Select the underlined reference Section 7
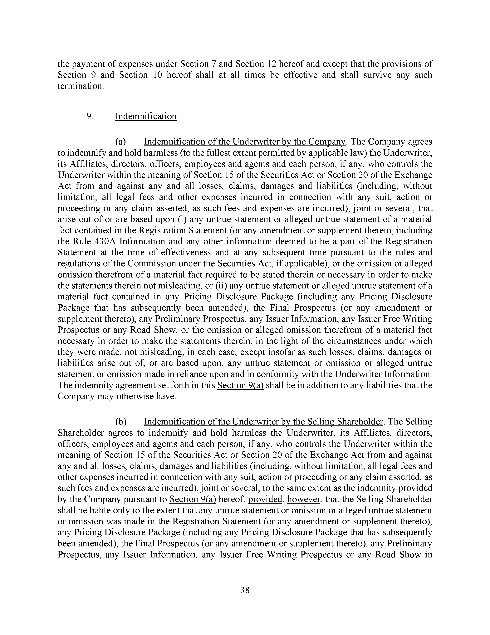(198, 64)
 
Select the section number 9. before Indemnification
(90, 116)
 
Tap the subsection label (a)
(120, 142)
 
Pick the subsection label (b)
(121, 422)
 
